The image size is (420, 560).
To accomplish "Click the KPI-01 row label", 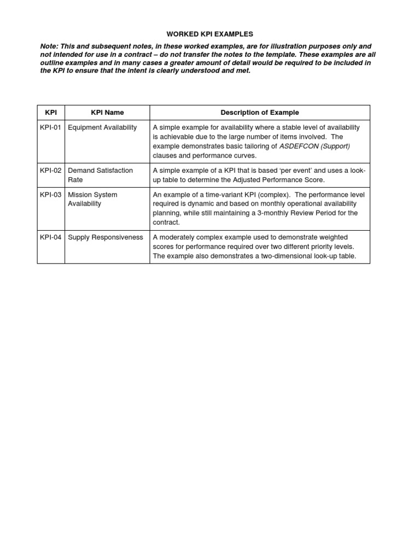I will click(x=51, y=127).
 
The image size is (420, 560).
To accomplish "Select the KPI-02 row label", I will click(x=51, y=170).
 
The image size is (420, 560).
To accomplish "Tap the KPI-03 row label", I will click(x=51, y=194).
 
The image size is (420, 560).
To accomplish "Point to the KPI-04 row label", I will click(x=51, y=237).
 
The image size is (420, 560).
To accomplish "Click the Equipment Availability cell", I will click(x=102, y=127).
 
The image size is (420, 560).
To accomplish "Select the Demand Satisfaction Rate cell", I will click(x=100, y=175).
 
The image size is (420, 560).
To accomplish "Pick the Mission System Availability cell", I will click(x=92, y=199).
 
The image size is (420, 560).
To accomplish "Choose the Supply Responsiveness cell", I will click(x=106, y=237).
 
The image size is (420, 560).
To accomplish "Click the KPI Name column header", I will click(x=107, y=113).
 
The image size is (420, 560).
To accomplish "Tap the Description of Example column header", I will click(x=260, y=113).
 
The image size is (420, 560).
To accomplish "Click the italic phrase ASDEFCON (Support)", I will click(x=314, y=146).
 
